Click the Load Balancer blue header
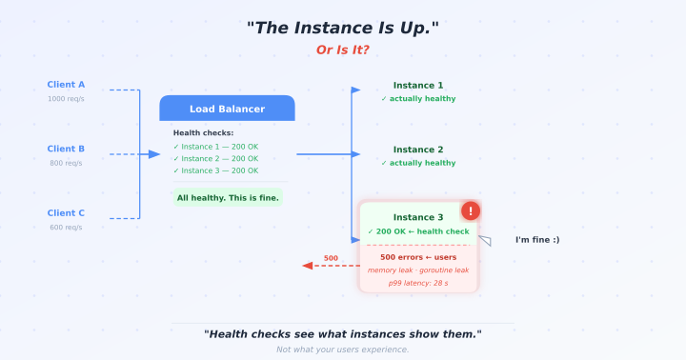(227, 109)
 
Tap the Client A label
(66, 85)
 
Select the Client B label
(66, 149)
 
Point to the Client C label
(66, 212)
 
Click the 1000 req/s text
(66, 99)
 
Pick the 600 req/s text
(66, 227)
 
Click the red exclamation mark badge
(471, 211)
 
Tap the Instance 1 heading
(418, 85)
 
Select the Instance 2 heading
(418, 150)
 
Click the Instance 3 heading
(418, 217)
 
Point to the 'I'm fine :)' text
(537, 239)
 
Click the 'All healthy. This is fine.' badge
(228, 198)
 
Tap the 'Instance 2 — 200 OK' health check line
(215, 158)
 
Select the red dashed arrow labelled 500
(330, 266)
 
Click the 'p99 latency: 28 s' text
(418, 283)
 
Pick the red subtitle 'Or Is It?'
(343, 50)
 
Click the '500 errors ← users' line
(418, 256)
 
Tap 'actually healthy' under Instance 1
(418, 99)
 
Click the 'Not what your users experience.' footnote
(343, 350)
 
